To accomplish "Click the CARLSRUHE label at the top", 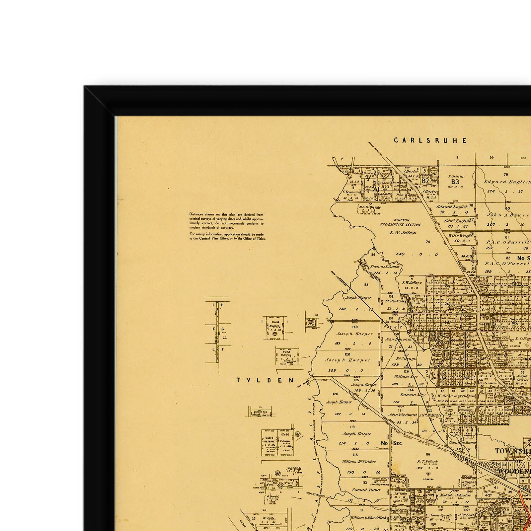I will pyautogui.click(x=430, y=140).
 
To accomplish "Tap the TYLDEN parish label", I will pyautogui.click(x=265, y=380).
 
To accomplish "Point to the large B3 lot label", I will pyautogui.click(x=455, y=182).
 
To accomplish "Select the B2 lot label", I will pyautogui.click(x=425, y=181).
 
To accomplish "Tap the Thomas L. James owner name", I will pyautogui.click(x=385, y=266).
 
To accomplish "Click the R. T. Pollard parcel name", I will pyautogui.click(x=427, y=461).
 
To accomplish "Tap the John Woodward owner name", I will pyautogui.click(x=403, y=415).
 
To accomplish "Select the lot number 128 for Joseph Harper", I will pyautogui.click(x=347, y=354).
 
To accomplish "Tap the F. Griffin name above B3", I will pyautogui.click(x=455, y=176).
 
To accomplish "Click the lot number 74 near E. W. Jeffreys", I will pyautogui.click(x=428, y=242).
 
